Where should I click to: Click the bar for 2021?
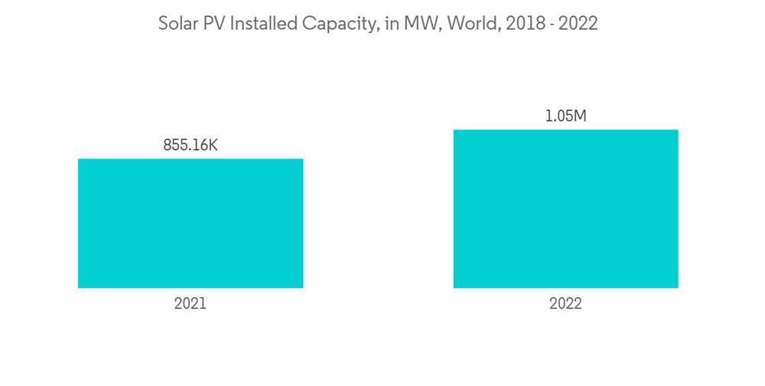[190, 223]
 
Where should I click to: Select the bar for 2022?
[565, 208]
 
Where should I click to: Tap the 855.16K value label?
[190, 145]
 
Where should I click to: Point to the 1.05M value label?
[565, 116]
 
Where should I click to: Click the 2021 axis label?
[190, 303]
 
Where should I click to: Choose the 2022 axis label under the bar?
[565, 303]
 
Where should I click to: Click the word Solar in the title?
[177, 24]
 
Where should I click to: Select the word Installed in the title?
[262, 24]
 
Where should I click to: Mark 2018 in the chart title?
[525, 24]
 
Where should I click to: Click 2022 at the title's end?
[579, 24]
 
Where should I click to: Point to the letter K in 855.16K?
[213, 145]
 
